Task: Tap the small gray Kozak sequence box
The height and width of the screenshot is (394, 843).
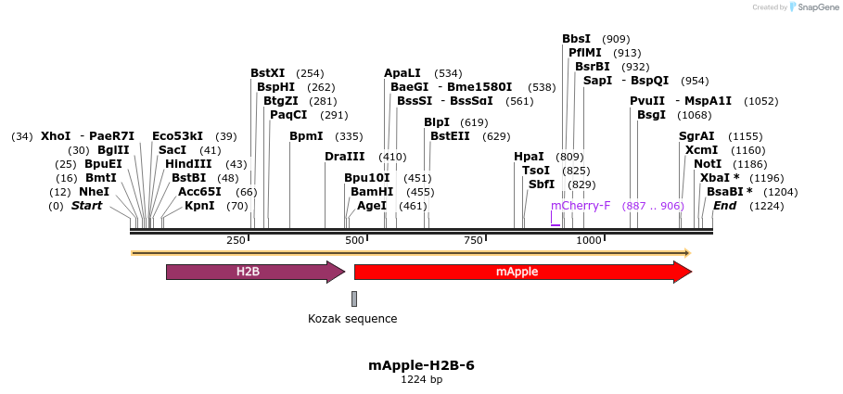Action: (x=354, y=299)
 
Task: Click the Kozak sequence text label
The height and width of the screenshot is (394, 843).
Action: (x=352, y=319)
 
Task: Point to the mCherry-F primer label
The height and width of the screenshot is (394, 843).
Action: (x=581, y=205)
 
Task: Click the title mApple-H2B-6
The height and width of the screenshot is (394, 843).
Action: (x=421, y=365)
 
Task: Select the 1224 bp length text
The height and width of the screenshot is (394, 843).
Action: (x=421, y=380)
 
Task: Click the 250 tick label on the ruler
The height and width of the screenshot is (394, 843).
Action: (x=236, y=241)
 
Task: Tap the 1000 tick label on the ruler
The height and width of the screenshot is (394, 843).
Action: (x=590, y=241)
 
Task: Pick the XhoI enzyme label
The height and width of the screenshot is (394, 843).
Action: (x=56, y=135)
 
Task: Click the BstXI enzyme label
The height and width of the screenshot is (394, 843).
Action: (x=268, y=72)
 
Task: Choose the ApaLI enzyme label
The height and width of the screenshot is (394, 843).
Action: (x=402, y=72)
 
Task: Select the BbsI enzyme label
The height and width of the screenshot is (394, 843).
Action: (x=576, y=39)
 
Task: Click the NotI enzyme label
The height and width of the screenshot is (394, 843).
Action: (x=708, y=163)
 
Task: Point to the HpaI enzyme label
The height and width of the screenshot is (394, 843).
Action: (x=529, y=156)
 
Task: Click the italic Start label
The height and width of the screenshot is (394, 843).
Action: (x=86, y=205)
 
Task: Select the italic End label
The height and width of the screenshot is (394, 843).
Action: (x=724, y=205)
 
